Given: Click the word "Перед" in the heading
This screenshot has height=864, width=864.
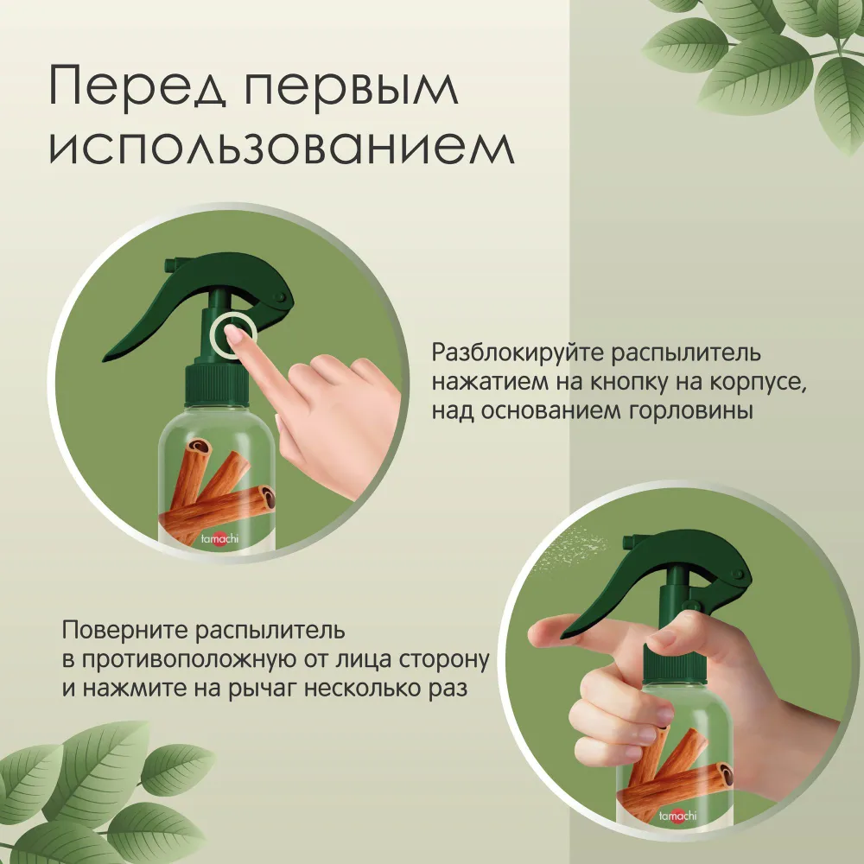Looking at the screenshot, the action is point(137,86).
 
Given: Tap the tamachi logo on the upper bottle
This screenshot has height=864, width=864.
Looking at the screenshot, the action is point(219,538).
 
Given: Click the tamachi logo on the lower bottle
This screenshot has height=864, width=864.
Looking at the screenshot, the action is point(677,816).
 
